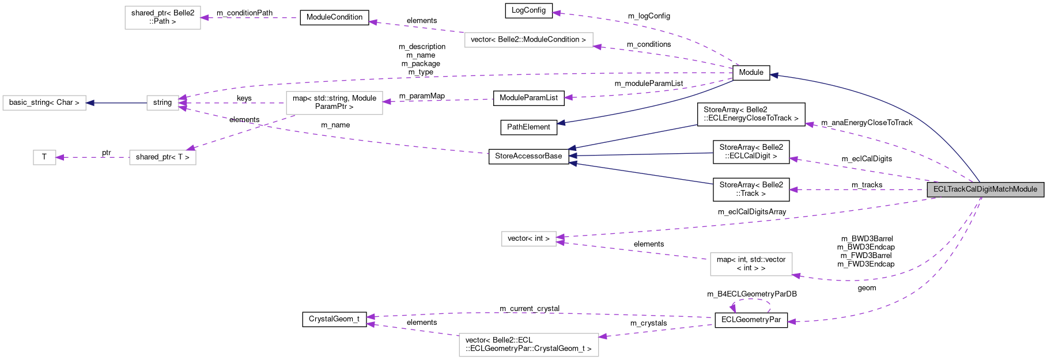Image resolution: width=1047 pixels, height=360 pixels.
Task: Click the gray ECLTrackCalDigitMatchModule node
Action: click(x=985, y=190)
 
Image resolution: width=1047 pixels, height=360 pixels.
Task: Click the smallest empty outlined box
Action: click(x=44, y=157)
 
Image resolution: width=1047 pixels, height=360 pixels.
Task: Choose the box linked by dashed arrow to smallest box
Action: click(x=162, y=157)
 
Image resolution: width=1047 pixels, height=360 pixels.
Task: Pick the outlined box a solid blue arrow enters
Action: click(x=44, y=103)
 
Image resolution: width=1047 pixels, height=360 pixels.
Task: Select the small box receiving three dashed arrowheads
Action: click(x=162, y=103)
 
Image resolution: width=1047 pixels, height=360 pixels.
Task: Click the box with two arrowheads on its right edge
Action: click(x=528, y=238)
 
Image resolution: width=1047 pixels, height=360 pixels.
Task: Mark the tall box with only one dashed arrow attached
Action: click(x=162, y=18)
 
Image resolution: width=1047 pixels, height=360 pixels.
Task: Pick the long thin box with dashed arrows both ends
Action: click(x=528, y=40)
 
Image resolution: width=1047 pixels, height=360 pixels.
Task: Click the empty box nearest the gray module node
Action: click(x=751, y=264)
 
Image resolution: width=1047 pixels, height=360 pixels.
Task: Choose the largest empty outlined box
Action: click(x=528, y=345)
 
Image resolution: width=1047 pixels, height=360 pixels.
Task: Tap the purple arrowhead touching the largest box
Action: click(x=603, y=336)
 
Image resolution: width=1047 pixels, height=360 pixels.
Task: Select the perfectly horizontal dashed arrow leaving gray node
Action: click(x=859, y=190)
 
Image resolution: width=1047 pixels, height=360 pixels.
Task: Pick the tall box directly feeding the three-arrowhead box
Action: click(x=334, y=103)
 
